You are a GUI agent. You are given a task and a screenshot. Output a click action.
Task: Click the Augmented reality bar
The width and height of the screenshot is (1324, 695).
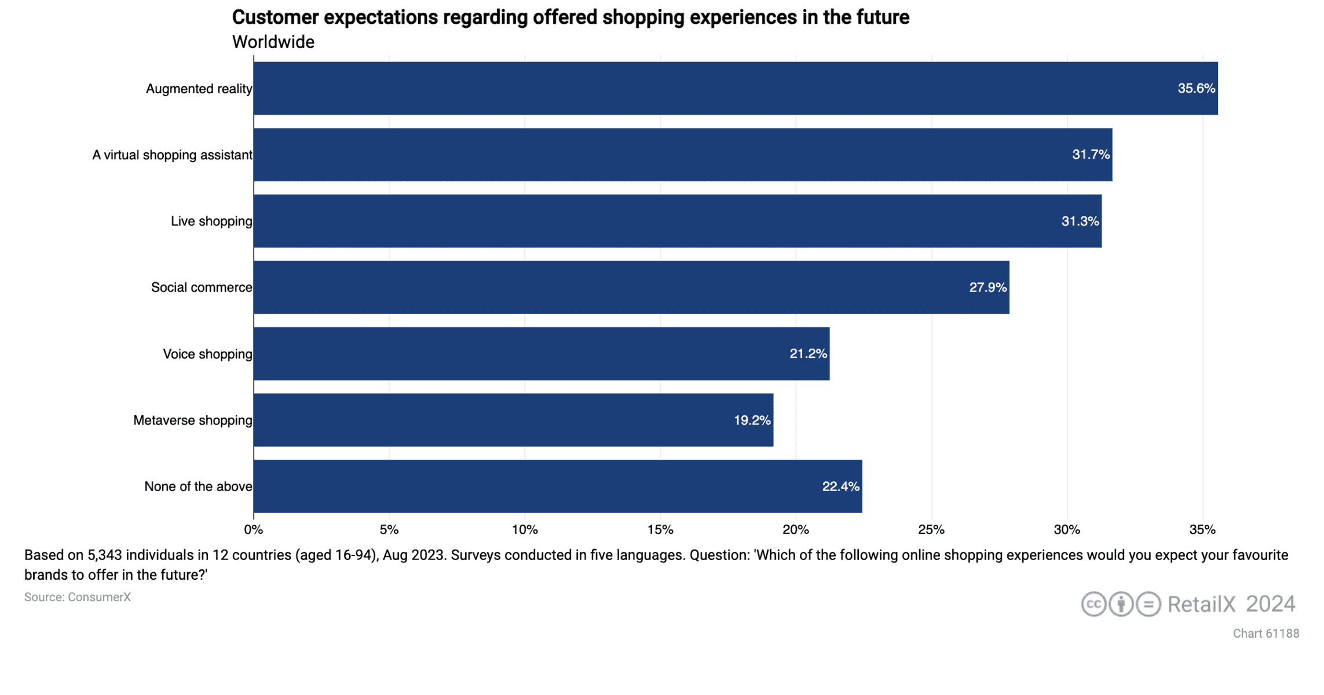736,88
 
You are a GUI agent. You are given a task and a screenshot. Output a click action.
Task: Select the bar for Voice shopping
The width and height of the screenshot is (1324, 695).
542,353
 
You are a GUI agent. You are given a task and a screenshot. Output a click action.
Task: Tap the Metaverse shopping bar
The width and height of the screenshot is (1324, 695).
513,420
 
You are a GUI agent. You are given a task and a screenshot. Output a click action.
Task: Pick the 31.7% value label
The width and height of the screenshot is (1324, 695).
1091,155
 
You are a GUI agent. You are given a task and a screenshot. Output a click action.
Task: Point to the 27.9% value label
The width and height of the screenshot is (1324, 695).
987,287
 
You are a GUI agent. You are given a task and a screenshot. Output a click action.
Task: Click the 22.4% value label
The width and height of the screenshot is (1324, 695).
840,487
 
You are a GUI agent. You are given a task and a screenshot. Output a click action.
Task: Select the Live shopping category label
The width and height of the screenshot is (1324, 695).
211,221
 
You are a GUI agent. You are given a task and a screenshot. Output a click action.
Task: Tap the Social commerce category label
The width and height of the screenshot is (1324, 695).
202,287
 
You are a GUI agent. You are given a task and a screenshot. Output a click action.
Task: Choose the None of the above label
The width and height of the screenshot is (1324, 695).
198,487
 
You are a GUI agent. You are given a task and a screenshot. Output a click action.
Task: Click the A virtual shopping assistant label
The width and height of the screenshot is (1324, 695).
172,155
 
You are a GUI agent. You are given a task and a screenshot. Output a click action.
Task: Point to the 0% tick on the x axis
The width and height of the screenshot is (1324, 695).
254,529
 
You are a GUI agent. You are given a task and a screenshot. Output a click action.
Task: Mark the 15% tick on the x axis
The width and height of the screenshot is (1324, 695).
660,529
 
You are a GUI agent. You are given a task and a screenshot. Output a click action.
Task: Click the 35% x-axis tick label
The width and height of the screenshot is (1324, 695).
1202,529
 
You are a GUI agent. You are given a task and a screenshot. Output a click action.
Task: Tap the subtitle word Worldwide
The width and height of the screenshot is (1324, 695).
273,42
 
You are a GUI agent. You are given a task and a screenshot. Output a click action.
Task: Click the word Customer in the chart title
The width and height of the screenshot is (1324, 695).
275,17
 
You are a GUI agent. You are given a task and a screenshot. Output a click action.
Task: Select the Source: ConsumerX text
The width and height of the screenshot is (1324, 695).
78,597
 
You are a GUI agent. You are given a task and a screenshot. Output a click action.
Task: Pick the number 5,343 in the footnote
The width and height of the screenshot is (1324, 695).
105,555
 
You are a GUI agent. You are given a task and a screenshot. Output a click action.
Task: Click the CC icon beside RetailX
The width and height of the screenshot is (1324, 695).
1093,604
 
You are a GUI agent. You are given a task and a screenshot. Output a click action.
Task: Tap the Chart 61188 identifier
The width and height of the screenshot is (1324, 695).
1266,634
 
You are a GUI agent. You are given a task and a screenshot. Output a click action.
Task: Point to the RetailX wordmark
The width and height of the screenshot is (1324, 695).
1201,604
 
